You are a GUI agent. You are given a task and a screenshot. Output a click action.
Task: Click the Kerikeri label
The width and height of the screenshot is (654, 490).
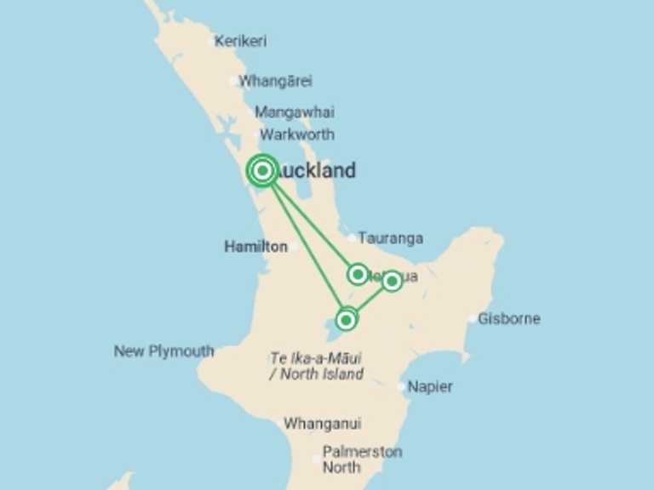coord(241,41)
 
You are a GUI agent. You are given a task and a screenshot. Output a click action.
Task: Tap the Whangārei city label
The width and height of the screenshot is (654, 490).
coord(275,82)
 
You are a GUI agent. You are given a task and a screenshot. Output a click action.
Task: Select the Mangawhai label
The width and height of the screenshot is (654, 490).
coord(295,112)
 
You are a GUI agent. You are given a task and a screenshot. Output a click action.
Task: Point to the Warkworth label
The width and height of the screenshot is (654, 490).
coord(297,134)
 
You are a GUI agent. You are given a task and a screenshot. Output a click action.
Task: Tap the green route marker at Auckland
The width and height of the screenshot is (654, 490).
coord(263,171)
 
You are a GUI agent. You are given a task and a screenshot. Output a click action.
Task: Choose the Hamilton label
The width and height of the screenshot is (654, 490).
coord(255,247)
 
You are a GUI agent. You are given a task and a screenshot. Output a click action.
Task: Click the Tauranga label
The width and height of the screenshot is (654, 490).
coord(390,238)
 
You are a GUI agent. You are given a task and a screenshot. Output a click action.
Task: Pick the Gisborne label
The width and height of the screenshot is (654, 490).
coord(509,319)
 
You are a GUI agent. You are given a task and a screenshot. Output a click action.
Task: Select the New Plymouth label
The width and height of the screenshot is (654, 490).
coord(163,351)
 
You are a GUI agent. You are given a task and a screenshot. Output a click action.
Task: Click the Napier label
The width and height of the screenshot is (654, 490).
coord(430,387)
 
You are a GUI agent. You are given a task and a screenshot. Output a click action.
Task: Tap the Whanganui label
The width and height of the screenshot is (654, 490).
coord(322,424)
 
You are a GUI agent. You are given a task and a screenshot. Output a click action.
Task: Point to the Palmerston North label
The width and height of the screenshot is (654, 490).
coord(361,459)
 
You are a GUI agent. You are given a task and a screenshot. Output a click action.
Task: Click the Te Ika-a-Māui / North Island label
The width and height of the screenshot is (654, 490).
coord(316,367)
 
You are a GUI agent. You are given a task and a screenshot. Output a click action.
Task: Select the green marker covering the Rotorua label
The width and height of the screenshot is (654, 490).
coord(392,281)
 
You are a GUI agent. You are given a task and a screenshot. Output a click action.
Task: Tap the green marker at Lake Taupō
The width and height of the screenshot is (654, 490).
coord(346,320)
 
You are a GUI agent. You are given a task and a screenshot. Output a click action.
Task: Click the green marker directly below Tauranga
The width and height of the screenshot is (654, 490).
coord(359,274)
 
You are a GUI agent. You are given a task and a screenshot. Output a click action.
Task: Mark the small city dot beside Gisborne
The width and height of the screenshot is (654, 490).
coord(473,319)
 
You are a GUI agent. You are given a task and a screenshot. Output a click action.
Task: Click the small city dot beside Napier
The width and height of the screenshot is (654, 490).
coord(402,387)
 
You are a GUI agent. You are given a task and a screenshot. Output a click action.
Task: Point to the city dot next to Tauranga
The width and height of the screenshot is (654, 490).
coord(352,238)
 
